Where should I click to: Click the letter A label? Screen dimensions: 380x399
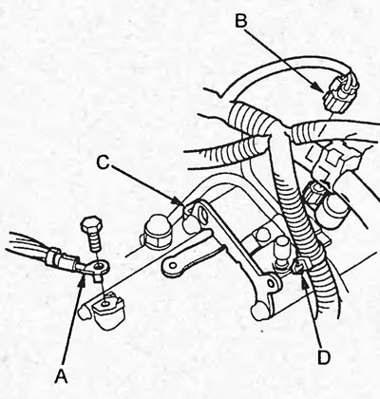click(x=62, y=377)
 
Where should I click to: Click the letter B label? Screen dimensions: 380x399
click(x=240, y=21)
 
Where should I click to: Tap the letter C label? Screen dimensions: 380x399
click(x=103, y=162)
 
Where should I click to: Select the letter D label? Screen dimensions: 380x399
click(x=324, y=357)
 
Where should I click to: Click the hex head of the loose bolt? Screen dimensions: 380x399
click(x=91, y=224)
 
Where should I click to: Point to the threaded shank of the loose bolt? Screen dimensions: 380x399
click(x=95, y=242)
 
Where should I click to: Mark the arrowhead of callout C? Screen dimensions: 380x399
click(x=178, y=200)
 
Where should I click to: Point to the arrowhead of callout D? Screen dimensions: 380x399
click(x=305, y=281)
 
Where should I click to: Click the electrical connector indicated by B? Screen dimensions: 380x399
click(x=340, y=91)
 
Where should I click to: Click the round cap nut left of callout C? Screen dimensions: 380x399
click(x=155, y=230)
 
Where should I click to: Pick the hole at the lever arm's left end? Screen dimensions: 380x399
click(x=173, y=264)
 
